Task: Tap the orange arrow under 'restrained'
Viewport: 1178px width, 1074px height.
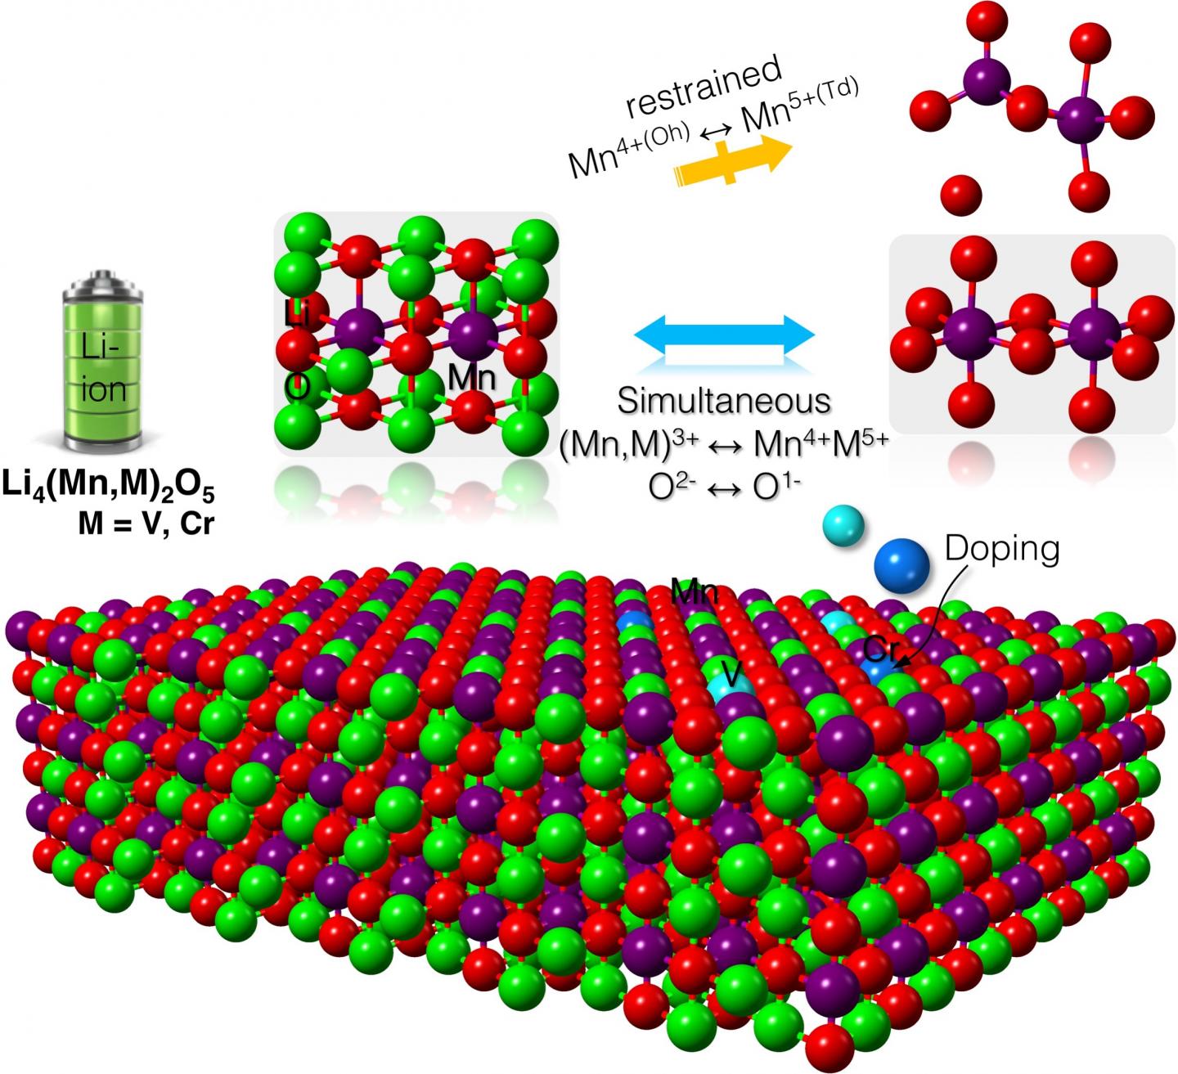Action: pos(732,161)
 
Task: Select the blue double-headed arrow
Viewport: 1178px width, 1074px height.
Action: pos(724,335)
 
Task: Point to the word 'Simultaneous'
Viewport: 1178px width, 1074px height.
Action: pos(723,401)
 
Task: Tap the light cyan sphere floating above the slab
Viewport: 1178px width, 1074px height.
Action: pos(843,525)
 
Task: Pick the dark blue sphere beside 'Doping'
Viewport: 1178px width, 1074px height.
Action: pos(901,566)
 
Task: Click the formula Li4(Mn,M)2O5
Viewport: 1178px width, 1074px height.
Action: pos(109,486)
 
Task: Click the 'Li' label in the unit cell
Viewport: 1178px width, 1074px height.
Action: pos(297,313)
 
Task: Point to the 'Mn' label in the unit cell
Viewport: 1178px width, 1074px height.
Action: pos(472,377)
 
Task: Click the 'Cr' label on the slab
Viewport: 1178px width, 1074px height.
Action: pos(882,650)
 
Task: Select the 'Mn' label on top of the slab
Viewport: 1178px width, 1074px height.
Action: pos(695,591)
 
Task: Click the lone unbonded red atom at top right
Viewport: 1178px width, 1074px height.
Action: pos(961,195)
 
